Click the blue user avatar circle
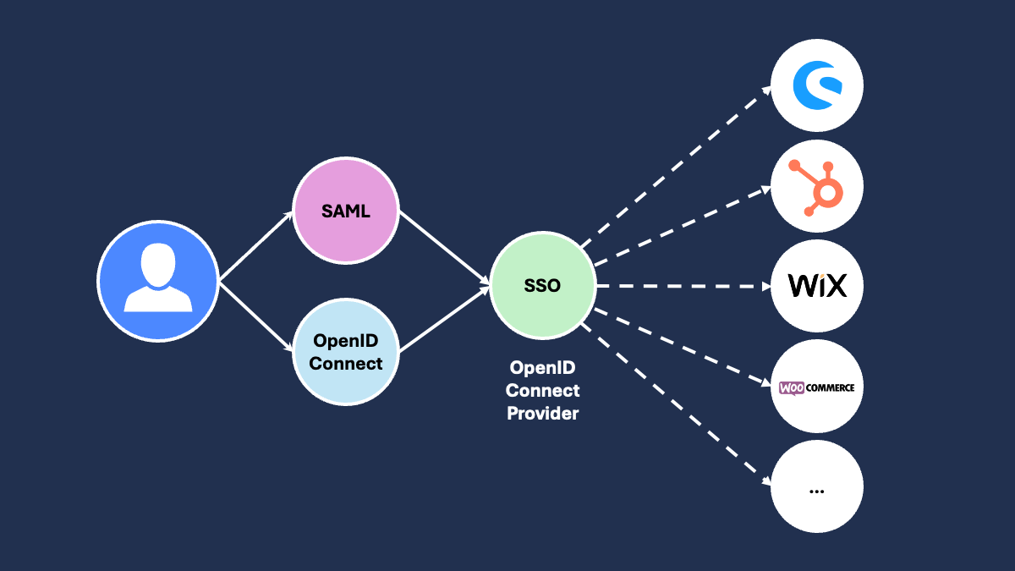(x=157, y=281)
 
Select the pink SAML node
(x=345, y=211)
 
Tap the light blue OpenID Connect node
(x=345, y=352)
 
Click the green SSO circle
(x=542, y=286)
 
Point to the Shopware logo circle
(x=816, y=86)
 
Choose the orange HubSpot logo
(x=816, y=186)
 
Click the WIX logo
(x=816, y=286)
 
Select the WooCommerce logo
(x=816, y=387)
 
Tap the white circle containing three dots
(x=816, y=487)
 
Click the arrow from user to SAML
(x=256, y=246)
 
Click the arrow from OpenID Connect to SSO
(x=444, y=320)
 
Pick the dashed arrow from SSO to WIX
(x=682, y=286)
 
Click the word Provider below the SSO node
(x=542, y=414)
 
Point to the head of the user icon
(x=157, y=265)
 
